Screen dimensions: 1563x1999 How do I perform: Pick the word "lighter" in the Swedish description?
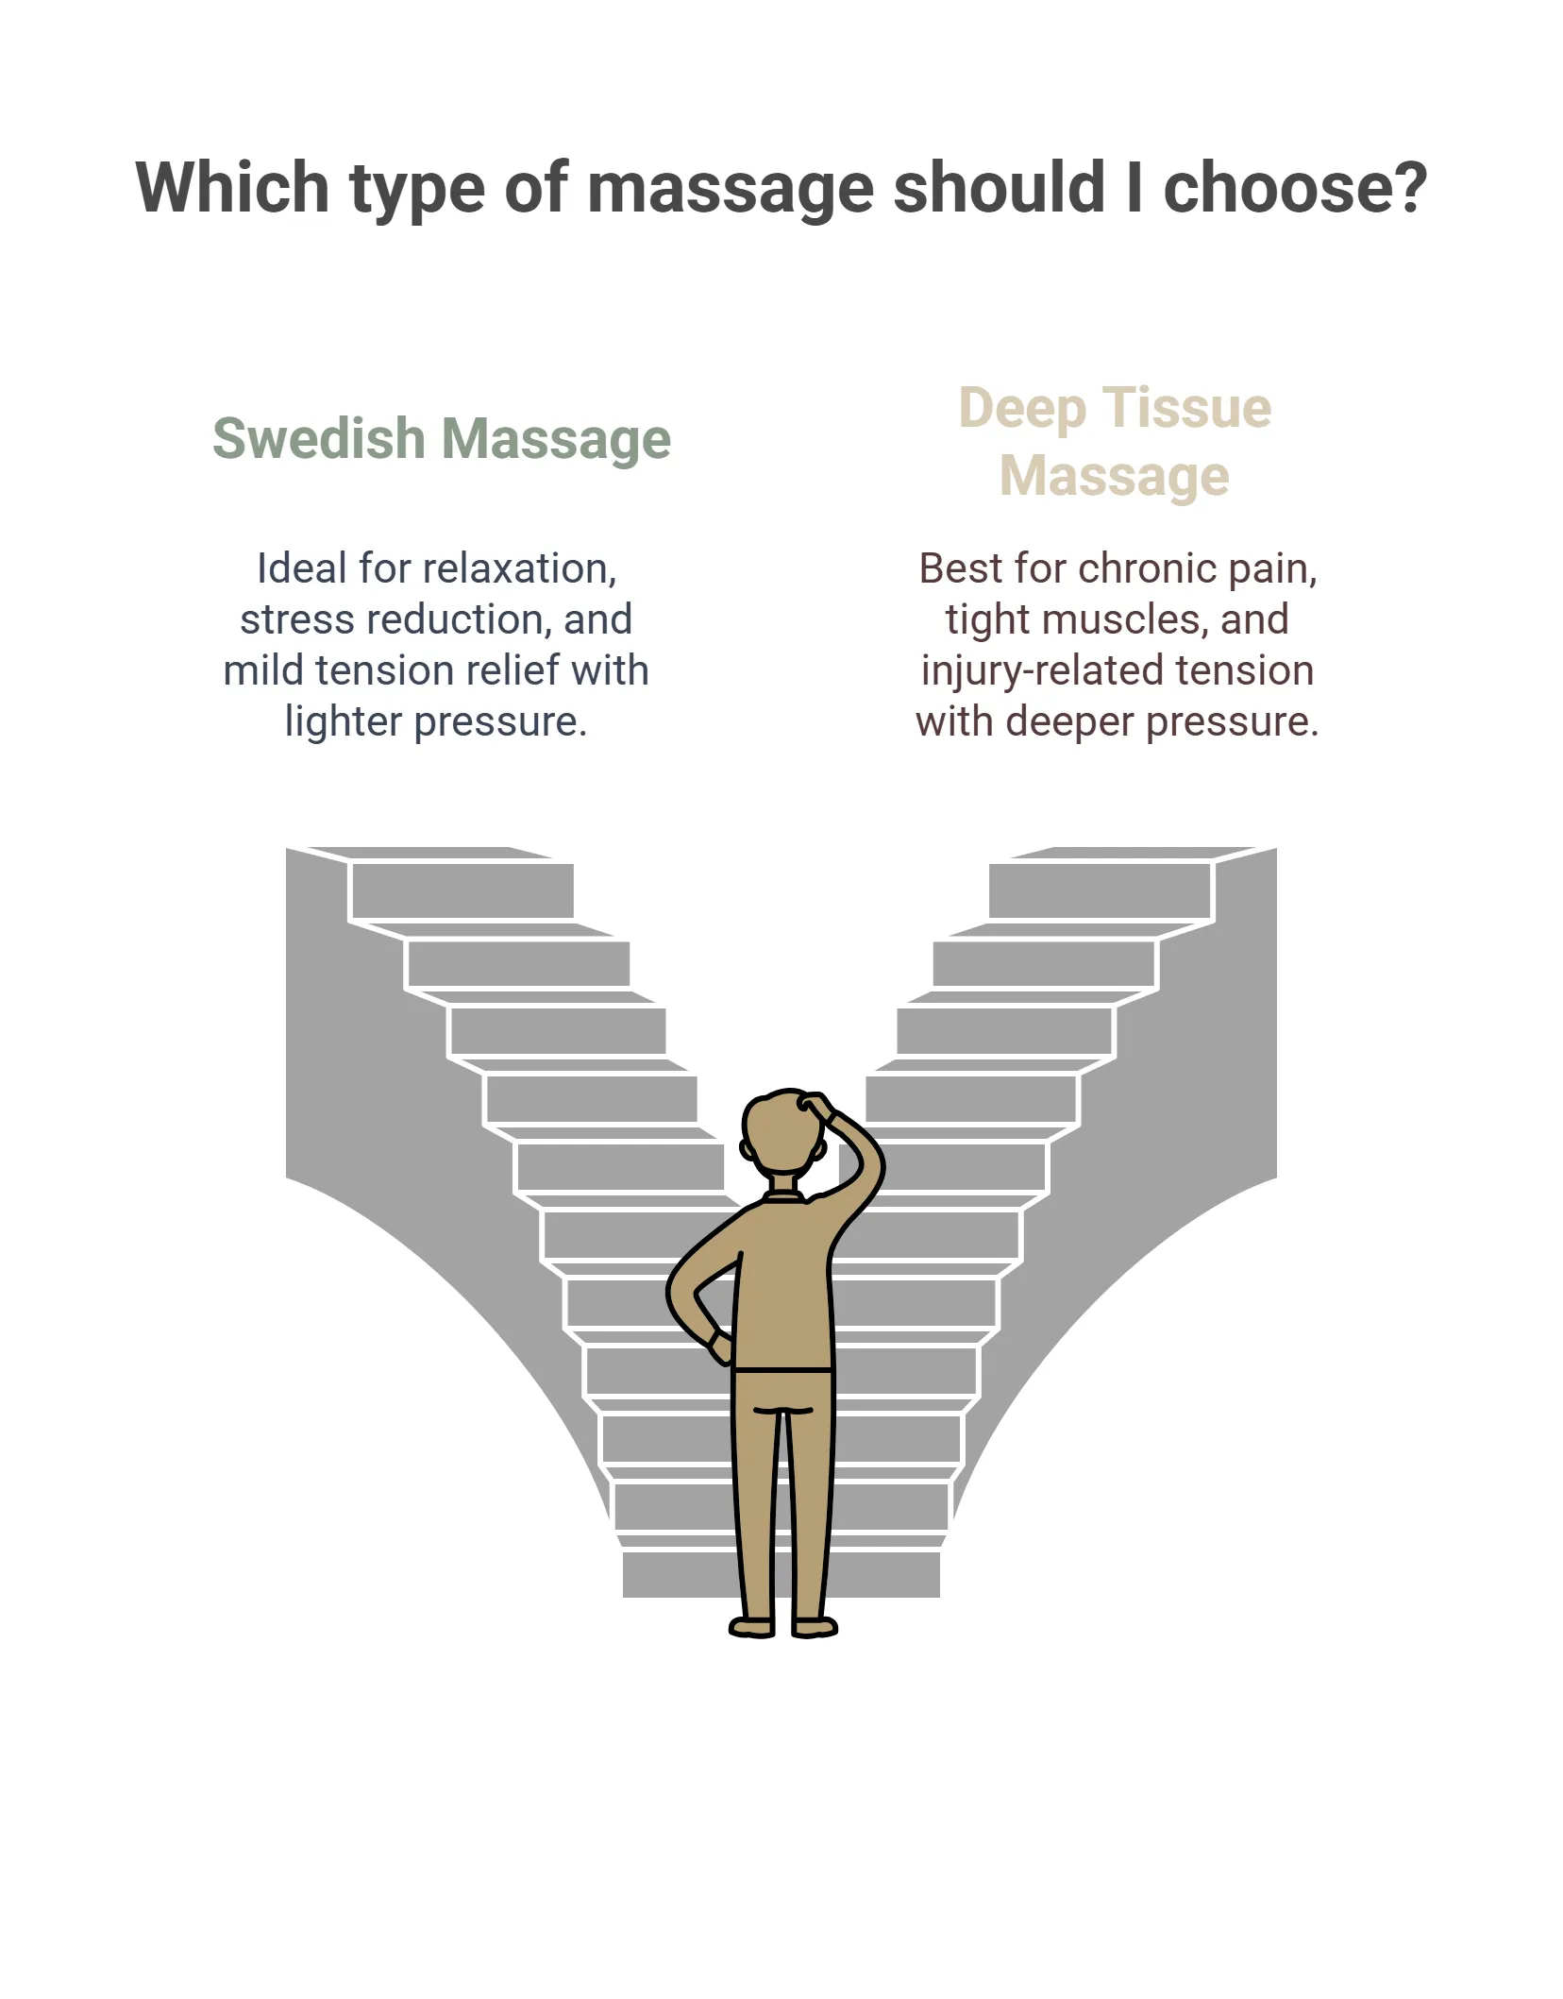coord(344,722)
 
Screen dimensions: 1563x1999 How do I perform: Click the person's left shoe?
coord(752,1626)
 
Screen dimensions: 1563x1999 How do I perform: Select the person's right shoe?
coord(815,1626)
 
